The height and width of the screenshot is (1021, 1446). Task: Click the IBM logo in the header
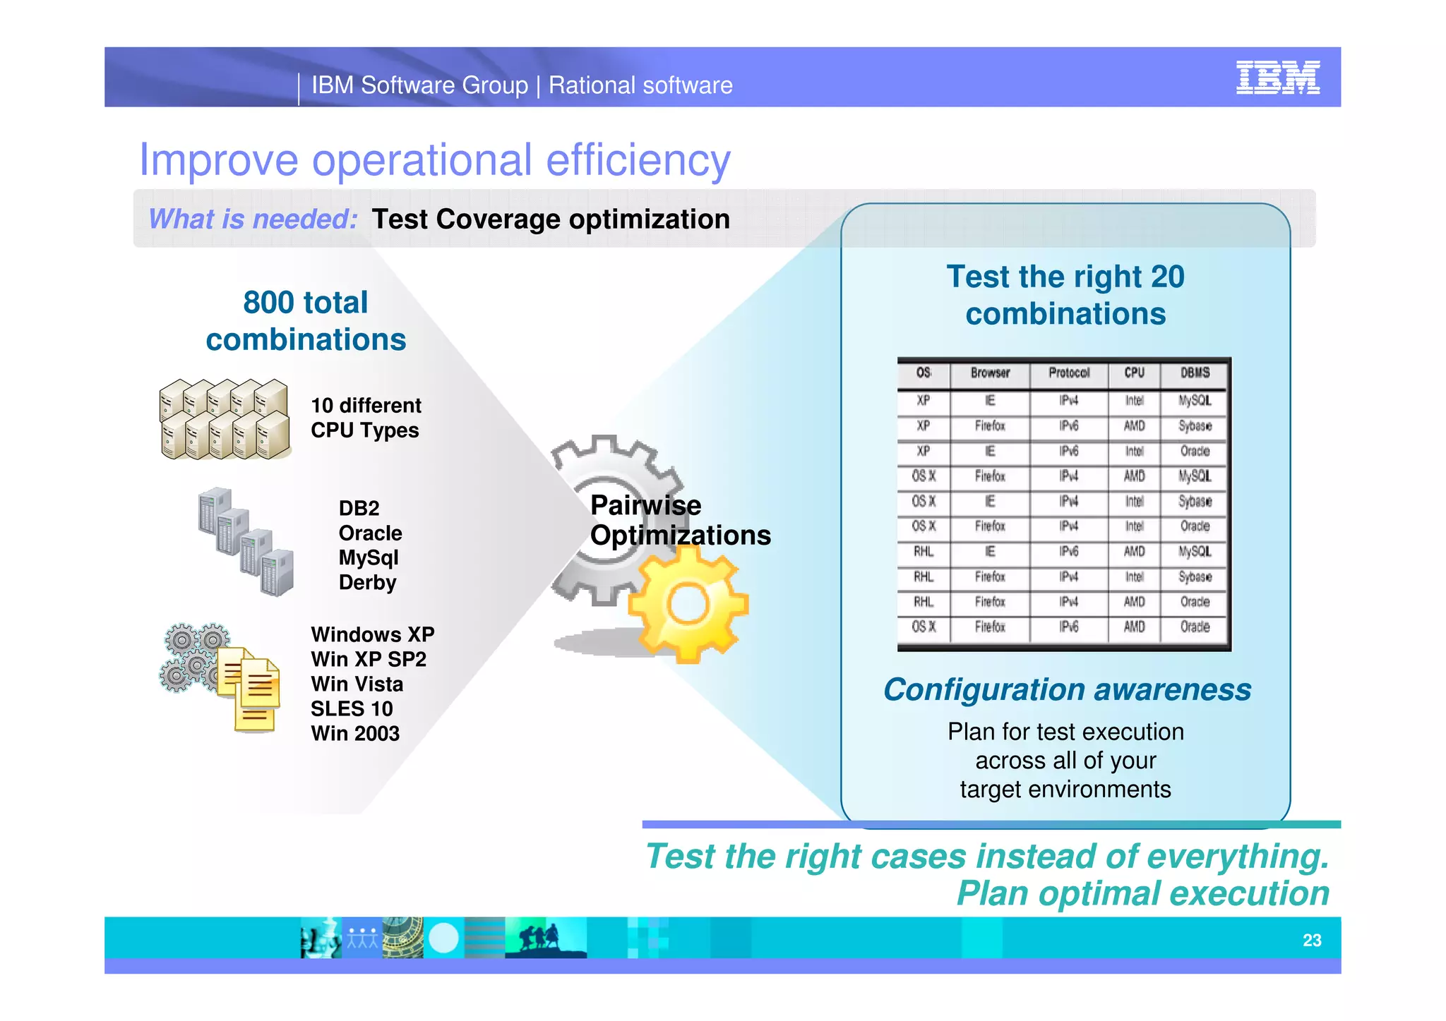(1277, 78)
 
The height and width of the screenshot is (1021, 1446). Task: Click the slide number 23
(1311, 940)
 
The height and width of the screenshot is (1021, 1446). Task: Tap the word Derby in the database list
(367, 583)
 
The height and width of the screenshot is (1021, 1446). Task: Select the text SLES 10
(352, 708)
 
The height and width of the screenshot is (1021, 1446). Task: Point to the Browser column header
(990, 373)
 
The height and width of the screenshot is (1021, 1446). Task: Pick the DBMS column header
(1195, 373)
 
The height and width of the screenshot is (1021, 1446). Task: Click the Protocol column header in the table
(1068, 373)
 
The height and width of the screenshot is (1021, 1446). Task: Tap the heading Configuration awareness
(1067, 689)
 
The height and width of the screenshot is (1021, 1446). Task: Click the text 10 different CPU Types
(366, 418)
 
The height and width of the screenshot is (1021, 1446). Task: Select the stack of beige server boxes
(225, 419)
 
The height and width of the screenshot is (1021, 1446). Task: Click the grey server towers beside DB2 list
(246, 542)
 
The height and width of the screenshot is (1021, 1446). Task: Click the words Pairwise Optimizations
(679, 521)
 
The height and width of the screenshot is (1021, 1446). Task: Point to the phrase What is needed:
(253, 219)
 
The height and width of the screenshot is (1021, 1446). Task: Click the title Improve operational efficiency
(434, 159)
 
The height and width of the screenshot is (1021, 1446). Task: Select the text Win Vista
(357, 684)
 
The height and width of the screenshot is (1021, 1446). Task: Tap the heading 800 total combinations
(306, 321)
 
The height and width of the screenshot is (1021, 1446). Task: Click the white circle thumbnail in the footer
(443, 938)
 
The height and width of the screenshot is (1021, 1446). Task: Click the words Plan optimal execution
(1142, 893)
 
